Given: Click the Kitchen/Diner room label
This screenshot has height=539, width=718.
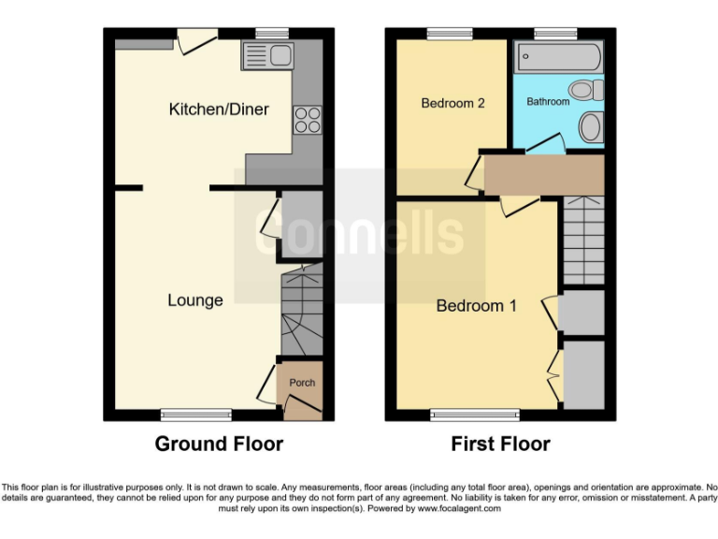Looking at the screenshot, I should click(219, 109).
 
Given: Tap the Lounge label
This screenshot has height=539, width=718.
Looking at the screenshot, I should click(195, 300).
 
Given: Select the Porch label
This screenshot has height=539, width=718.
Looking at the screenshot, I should click(302, 383).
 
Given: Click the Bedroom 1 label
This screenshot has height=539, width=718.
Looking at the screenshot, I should click(477, 306).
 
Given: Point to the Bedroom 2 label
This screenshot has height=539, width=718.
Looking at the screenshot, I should click(452, 103).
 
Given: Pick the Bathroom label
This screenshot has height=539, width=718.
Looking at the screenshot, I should click(548, 101).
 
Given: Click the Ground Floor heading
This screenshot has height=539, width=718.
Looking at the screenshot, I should click(219, 444).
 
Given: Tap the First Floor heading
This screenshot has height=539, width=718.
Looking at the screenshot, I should click(500, 444).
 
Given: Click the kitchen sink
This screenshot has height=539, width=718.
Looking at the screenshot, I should click(268, 56).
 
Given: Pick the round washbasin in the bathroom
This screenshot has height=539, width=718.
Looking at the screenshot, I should click(591, 125).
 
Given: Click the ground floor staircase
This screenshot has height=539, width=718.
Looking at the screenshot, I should click(301, 309).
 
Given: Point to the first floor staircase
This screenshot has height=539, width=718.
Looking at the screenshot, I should click(582, 243).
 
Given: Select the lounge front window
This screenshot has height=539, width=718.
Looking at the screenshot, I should click(195, 413).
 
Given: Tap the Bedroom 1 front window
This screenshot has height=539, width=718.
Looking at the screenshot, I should click(476, 413).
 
